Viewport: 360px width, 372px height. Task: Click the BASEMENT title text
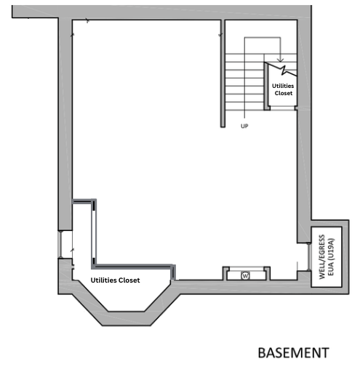tap(293, 352)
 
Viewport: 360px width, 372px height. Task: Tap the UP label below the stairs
tap(244, 126)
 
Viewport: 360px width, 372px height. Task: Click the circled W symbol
tap(245, 275)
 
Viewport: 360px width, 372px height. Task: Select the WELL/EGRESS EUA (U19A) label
tap(327, 257)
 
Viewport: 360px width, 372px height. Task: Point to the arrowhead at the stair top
tap(281, 60)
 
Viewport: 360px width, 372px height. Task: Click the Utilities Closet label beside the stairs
tap(283, 89)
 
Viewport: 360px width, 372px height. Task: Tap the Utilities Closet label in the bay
tap(115, 280)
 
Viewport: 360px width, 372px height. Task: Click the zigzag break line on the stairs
tap(281, 69)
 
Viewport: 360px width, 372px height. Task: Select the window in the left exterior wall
tap(60, 244)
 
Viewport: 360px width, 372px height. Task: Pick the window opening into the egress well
tap(308, 256)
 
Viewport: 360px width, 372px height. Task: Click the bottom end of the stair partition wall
tap(223, 126)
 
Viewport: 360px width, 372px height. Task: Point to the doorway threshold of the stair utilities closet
tap(282, 108)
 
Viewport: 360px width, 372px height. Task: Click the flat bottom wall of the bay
tap(127, 318)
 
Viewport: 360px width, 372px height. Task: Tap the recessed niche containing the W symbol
tap(247, 274)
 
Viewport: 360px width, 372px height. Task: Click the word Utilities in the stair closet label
tap(283, 86)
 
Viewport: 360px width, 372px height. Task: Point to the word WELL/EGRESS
tap(322, 257)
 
